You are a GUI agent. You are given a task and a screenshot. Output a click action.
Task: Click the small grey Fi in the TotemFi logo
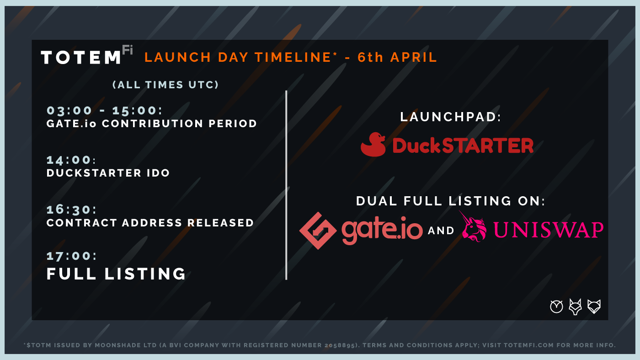click(x=128, y=50)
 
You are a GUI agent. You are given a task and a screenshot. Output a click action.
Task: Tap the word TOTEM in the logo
click(x=81, y=58)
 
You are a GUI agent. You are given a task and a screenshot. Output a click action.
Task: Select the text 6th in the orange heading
click(x=370, y=57)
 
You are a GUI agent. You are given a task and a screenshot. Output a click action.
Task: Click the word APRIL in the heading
click(x=414, y=57)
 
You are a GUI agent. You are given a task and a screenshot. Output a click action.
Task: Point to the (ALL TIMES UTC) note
click(x=165, y=85)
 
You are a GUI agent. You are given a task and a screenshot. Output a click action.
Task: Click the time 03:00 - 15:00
click(x=105, y=111)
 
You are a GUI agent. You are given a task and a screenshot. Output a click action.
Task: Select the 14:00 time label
click(x=71, y=160)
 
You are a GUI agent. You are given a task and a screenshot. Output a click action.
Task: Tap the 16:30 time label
click(x=72, y=210)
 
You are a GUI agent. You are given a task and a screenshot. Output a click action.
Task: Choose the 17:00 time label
click(x=72, y=256)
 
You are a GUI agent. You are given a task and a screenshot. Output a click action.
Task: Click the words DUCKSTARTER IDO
click(x=108, y=173)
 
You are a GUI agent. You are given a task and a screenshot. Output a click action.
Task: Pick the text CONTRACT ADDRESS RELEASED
click(x=150, y=223)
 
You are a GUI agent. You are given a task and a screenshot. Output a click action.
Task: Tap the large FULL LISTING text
click(x=116, y=274)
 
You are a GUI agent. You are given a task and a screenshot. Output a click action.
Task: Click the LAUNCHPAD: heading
click(x=451, y=117)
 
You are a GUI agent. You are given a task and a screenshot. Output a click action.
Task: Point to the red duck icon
click(x=373, y=145)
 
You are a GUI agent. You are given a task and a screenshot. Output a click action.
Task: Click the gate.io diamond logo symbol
click(x=318, y=231)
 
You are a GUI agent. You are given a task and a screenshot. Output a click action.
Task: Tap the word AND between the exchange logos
click(x=441, y=231)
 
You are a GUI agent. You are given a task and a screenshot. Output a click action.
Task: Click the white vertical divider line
click(x=286, y=185)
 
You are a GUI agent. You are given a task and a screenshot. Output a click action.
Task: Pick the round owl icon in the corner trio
click(x=557, y=307)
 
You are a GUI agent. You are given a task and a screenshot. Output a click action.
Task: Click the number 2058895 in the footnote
click(x=340, y=345)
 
